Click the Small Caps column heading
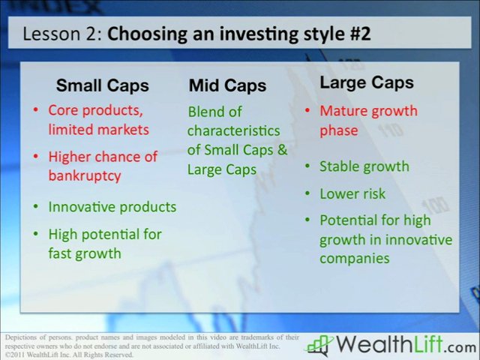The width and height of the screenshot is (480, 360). pyautogui.click(x=102, y=85)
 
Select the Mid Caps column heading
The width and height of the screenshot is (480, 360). pyautogui.click(x=227, y=85)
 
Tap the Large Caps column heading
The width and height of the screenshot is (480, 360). pyautogui.click(x=367, y=82)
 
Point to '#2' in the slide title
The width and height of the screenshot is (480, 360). pyautogui.click(x=356, y=34)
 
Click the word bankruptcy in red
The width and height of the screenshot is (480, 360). pyautogui.click(x=85, y=175)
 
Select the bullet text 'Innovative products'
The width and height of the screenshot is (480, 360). pyautogui.click(x=112, y=206)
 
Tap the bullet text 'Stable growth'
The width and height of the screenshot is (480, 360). pyautogui.click(x=364, y=166)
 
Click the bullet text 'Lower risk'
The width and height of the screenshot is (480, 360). pyautogui.click(x=352, y=193)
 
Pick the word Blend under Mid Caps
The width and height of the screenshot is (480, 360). pyautogui.click(x=205, y=112)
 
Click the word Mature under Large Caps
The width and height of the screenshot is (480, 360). pyautogui.click(x=343, y=111)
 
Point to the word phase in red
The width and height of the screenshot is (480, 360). pyautogui.click(x=338, y=130)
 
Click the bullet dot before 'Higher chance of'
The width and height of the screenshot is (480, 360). pyautogui.click(x=35, y=157)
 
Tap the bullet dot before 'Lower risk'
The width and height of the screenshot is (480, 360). pyautogui.click(x=307, y=194)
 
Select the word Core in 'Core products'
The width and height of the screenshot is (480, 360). pyautogui.click(x=64, y=110)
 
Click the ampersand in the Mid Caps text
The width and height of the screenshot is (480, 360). pyautogui.click(x=282, y=149)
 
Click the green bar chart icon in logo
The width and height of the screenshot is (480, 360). pyautogui.click(x=319, y=345)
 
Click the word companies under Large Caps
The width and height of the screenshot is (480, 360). pyautogui.click(x=354, y=258)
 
